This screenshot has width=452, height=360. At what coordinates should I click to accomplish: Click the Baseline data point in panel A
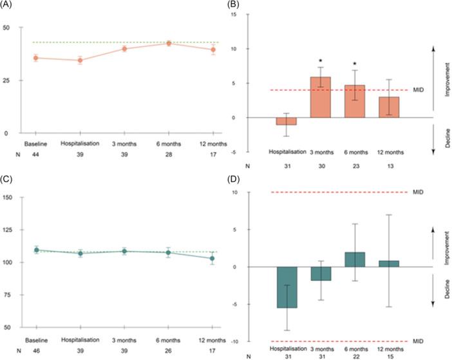click(x=36, y=58)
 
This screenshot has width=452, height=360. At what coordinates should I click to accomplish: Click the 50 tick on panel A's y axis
click(x=6, y=28)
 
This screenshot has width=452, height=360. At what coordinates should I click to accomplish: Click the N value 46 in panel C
click(x=36, y=351)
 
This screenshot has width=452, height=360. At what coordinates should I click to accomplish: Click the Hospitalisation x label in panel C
click(x=80, y=340)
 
